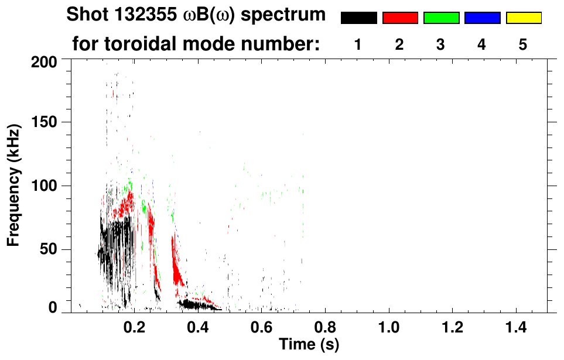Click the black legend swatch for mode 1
[358, 18]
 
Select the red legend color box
[400, 18]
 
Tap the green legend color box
[441, 18]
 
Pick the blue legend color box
[482, 18]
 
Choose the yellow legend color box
[524, 18]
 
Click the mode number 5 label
[523, 44]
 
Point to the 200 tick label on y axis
[45, 62]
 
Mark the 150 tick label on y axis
[45, 122]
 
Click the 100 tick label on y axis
[45, 186]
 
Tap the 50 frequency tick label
[49, 250]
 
